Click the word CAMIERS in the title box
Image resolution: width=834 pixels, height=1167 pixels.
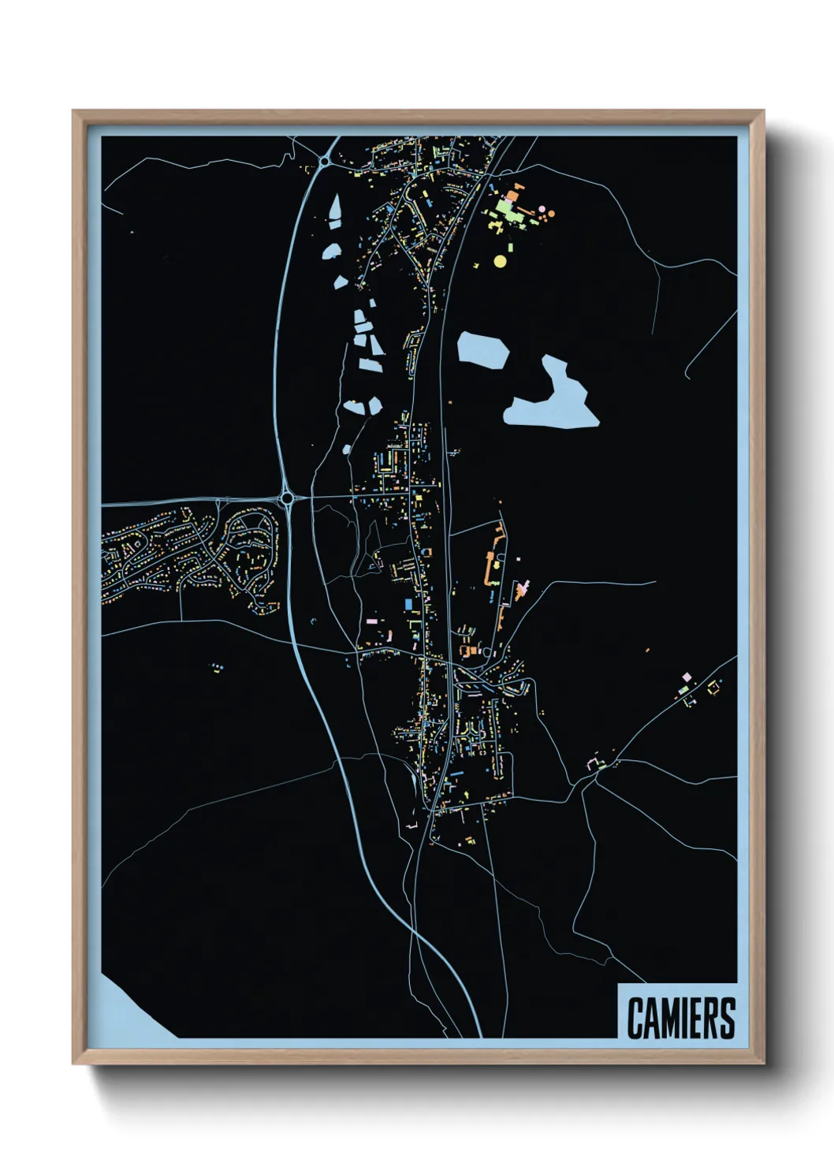point(681,1018)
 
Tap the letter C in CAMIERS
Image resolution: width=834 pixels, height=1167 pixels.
point(635,1018)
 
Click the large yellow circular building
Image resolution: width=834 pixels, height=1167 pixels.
point(500,260)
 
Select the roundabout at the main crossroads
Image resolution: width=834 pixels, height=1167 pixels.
point(287,498)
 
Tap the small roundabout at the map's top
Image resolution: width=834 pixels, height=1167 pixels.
point(324,162)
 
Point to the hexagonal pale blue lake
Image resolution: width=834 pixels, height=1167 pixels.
point(482,349)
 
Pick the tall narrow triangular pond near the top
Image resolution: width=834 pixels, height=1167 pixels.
point(335,211)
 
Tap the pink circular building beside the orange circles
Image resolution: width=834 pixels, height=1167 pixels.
point(542,209)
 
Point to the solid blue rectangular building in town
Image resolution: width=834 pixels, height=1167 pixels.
point(408,604)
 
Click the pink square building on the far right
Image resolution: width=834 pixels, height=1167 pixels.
point(686,677)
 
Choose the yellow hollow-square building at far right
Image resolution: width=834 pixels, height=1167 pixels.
point(714,688)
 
